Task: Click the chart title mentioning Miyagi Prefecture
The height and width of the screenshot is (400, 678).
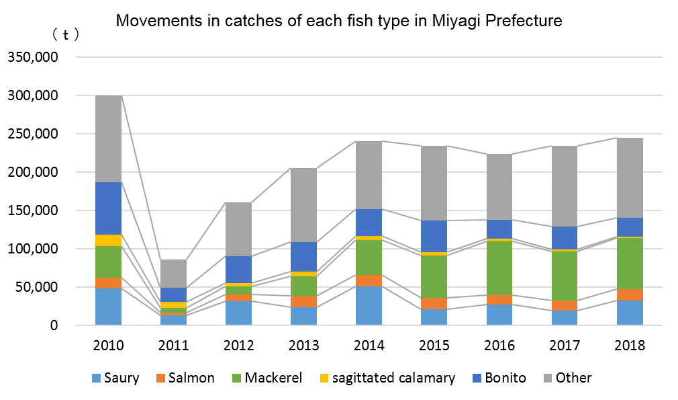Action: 339,21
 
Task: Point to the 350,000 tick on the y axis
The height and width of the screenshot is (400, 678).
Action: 33,58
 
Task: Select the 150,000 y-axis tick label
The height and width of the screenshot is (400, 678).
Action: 33,210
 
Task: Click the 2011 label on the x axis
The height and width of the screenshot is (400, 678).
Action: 173,346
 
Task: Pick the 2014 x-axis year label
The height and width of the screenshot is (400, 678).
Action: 369,346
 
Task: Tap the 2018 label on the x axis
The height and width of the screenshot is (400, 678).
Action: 629,346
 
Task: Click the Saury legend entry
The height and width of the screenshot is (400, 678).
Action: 115,378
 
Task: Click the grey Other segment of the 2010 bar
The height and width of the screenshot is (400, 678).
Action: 108,138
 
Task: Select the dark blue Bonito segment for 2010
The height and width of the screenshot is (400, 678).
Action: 108,208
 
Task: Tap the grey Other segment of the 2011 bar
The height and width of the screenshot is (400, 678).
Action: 173,274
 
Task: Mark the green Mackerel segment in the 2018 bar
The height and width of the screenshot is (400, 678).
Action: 629,263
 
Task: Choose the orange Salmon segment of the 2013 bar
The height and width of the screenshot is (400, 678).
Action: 303,301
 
